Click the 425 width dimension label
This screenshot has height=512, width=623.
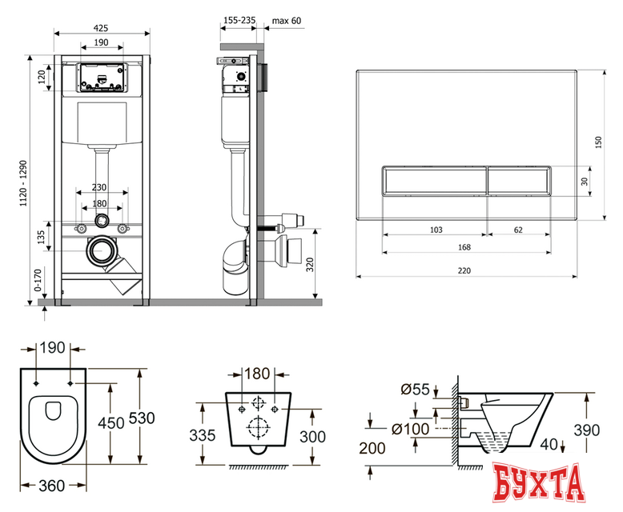pos(101,28)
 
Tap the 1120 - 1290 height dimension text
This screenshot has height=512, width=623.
pos(23,183)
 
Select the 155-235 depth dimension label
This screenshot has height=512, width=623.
pos(239,20)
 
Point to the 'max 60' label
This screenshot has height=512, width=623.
pos(287,21)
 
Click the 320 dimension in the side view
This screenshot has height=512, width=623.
pos(310,264)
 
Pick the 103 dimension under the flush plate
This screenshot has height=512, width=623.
pos(436,230)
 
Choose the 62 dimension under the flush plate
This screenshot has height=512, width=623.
pos(518,230)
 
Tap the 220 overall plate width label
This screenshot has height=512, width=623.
pos(464,270)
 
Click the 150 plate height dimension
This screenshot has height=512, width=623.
pos(599,142)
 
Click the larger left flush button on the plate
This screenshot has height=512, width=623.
pos(435,181)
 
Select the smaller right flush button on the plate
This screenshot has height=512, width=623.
pos(519,181)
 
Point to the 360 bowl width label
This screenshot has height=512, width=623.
pos(52,486)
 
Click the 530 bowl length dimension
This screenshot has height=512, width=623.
pos(142,418)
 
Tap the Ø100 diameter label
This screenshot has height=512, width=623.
pos(411,429)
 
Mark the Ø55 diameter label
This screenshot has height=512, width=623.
pos(416,390)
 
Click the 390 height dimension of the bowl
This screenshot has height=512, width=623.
pos(587,430)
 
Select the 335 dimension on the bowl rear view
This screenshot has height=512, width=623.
pos(203,435)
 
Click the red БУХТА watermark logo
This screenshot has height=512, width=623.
pos(538,484)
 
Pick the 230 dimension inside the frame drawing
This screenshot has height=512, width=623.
pos(99,187)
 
